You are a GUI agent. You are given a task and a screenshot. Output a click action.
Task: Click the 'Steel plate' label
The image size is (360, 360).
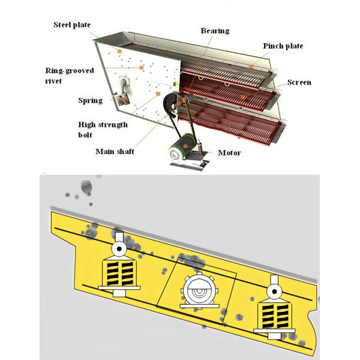[x=73, y=25]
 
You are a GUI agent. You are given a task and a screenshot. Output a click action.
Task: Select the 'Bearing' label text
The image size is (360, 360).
[x=215, y=31]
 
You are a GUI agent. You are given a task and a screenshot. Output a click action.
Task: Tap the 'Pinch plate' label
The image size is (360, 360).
[x=283, y=46]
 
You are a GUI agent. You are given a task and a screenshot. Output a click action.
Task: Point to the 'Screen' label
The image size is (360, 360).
[x=299, y=82]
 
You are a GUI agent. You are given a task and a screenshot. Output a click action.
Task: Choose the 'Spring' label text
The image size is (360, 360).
[x=90, y=101]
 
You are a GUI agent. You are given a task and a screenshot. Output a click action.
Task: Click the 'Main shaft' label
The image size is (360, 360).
[x=114, y=151]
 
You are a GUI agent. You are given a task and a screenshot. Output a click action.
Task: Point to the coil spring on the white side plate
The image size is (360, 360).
[x=124, y=93]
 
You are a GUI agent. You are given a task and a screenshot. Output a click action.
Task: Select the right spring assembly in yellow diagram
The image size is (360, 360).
[x=273, y=306]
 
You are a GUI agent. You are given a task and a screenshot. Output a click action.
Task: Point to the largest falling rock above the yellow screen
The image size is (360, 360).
[x=86, y=187]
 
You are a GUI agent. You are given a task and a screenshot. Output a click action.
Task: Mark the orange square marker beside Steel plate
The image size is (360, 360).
[x=120, y=52]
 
